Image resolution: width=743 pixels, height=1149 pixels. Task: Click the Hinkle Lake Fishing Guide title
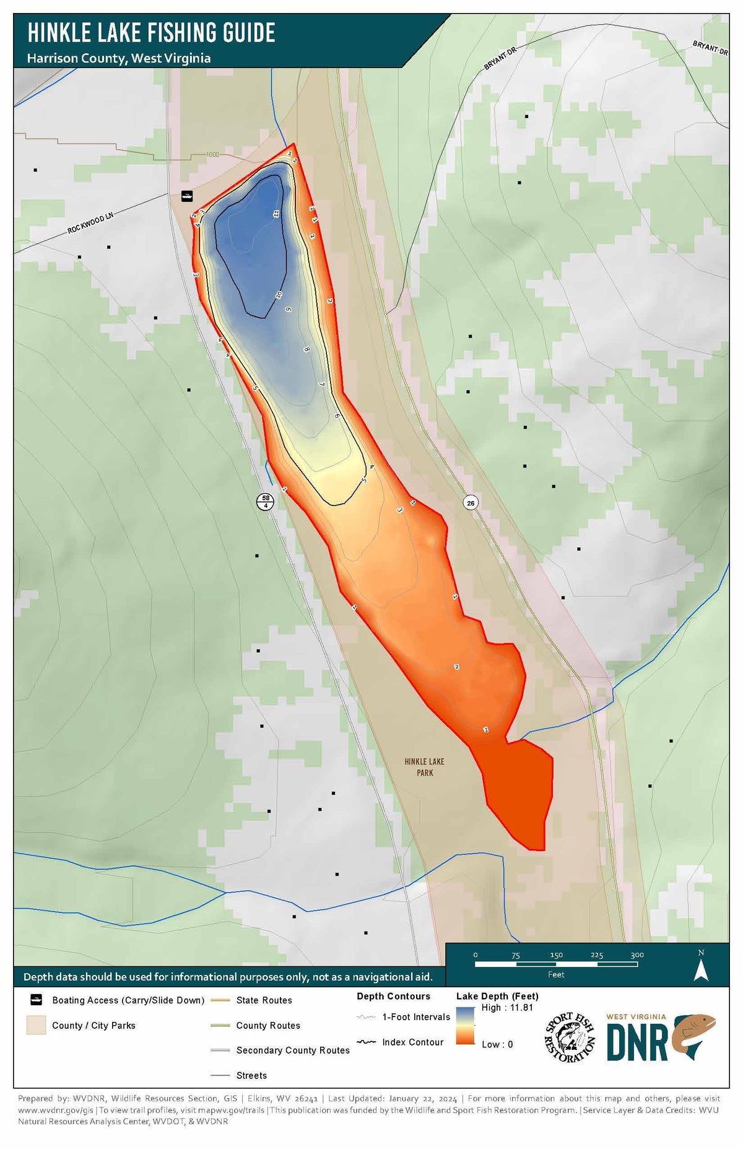click(151, 33)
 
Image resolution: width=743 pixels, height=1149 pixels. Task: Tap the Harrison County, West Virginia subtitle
click(118, 58)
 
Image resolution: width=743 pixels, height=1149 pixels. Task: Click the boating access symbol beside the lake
click(187, 196)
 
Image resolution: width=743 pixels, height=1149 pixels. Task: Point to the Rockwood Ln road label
click(91, 222)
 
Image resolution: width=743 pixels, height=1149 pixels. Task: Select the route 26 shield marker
click(471, 503)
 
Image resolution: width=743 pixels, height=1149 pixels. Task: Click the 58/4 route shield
click(266, 502)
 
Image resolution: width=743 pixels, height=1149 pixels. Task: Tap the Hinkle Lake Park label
click(425, 767)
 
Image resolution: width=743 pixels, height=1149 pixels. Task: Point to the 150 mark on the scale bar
click(556, 955)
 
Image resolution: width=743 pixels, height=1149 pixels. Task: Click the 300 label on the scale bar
click(637, 955)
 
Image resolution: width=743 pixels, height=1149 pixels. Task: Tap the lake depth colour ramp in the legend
click(465, 1026)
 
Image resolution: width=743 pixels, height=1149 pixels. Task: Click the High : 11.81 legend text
click(507, 1008)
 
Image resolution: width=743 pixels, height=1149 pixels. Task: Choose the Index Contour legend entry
click(412, 1042)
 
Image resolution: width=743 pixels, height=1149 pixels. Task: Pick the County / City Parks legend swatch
click(36, 1025)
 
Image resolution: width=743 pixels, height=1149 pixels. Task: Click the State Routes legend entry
click(264, 1000)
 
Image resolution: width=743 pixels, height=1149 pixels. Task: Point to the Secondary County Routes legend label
click(293, 1051)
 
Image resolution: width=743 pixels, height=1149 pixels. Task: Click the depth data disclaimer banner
click(228, 977)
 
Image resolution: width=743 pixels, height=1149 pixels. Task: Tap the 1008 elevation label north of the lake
click(213, 154)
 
